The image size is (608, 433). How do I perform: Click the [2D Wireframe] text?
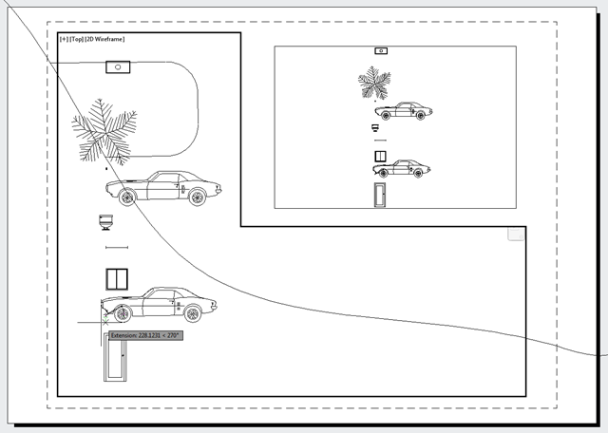[105, 39]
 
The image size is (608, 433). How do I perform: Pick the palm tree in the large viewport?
[104, 132]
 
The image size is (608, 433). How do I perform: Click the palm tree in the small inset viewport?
[373, 82]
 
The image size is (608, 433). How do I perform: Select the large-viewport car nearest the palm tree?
[162, 188]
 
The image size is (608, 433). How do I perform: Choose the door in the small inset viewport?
[380, 195]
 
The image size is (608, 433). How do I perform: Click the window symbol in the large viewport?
[117, 278]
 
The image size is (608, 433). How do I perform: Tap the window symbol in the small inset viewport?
[380, 156]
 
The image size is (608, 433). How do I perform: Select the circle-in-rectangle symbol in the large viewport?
[116, 66]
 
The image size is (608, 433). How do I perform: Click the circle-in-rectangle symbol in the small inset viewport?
[380, 50]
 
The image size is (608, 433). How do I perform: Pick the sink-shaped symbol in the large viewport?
[106, 222]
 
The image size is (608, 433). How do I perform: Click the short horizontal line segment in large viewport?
[116, 248]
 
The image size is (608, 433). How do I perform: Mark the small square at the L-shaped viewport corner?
[516, 234]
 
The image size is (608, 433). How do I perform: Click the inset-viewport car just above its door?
[401, 169]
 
